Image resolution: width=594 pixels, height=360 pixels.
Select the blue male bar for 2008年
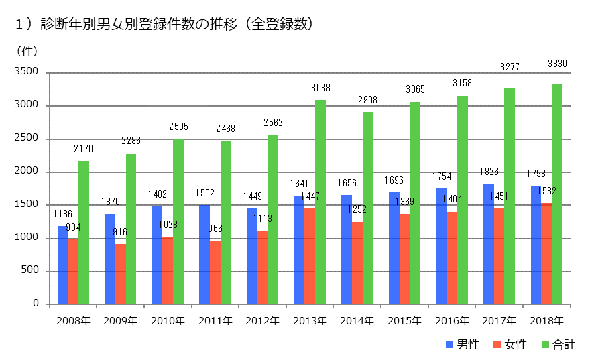coord(62,265)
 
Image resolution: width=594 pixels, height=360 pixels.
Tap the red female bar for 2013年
coord(310,257)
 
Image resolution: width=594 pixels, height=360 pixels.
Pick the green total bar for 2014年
coord(368,208)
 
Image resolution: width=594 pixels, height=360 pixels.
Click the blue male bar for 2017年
coord(489,244)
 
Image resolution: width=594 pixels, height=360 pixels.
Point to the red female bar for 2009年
coord(121,274)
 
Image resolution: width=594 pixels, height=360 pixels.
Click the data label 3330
coord(557,64)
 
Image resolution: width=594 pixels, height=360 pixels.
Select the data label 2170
coord(84,147)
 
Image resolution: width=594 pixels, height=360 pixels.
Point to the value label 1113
coord(262,218)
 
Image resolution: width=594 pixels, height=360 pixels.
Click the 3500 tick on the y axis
coord(29,72)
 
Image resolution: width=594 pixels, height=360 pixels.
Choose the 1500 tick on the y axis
coord(29,205)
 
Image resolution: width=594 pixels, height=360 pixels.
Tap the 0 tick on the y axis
coord(38,304)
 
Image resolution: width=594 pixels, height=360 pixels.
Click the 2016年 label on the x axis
coord(451,320)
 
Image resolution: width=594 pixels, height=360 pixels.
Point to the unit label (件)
coord(27,50)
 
